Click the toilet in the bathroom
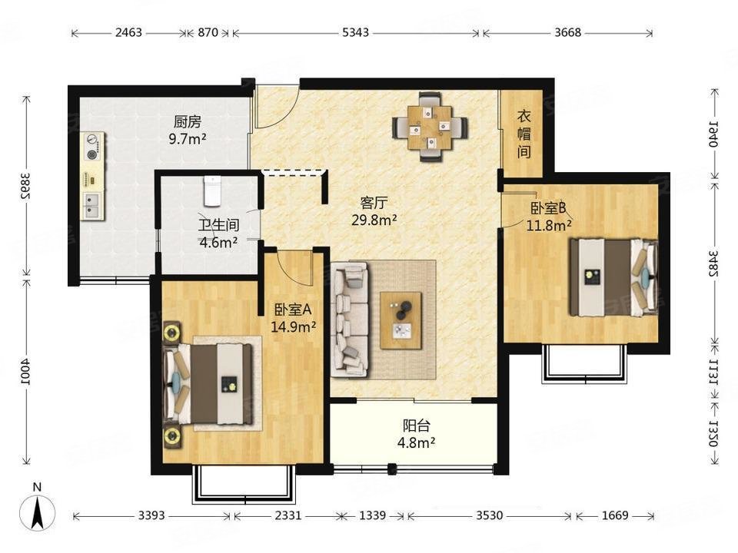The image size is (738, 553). point(213,191)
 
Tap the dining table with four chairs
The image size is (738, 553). point(430,127)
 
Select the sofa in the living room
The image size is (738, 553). point(350,320)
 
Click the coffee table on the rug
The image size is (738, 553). point(401,321)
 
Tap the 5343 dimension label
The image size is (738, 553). point(355,32)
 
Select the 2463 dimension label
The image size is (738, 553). point(128,32)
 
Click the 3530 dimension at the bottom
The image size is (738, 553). point(489,515)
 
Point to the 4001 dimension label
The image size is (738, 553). point(26,372)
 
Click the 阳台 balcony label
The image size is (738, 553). point(417,426)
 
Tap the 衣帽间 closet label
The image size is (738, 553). point(524,134)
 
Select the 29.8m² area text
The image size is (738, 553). point(374,220)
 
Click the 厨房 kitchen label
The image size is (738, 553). point(188,122)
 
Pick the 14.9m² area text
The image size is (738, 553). point(293,326)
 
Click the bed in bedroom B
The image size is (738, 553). point(613,277)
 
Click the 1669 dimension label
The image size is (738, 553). point(615,515)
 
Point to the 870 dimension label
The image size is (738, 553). point(208,32)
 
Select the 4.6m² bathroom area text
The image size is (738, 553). point(218,243)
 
